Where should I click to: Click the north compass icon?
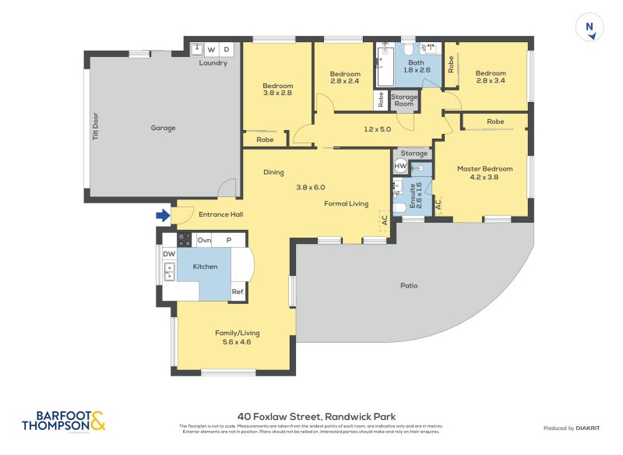pos(590,28)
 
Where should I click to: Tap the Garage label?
pos(163,128)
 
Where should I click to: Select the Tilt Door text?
pos(96,125)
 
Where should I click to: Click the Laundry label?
pos(213,63)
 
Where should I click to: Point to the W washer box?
pos(211,49)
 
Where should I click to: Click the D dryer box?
pos(227,49)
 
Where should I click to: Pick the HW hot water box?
pos(400,167)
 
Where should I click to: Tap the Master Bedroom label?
pos(484,168)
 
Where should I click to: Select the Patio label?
pos(409,285)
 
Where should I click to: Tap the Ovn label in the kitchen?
pos(204,240)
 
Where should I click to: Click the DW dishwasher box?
pos(169,254)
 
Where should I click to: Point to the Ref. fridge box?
pos(238,292)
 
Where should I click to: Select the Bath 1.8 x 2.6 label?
pos(416,66)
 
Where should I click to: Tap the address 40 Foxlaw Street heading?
pos(316,417)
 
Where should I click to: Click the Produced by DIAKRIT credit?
pos(575,429)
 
